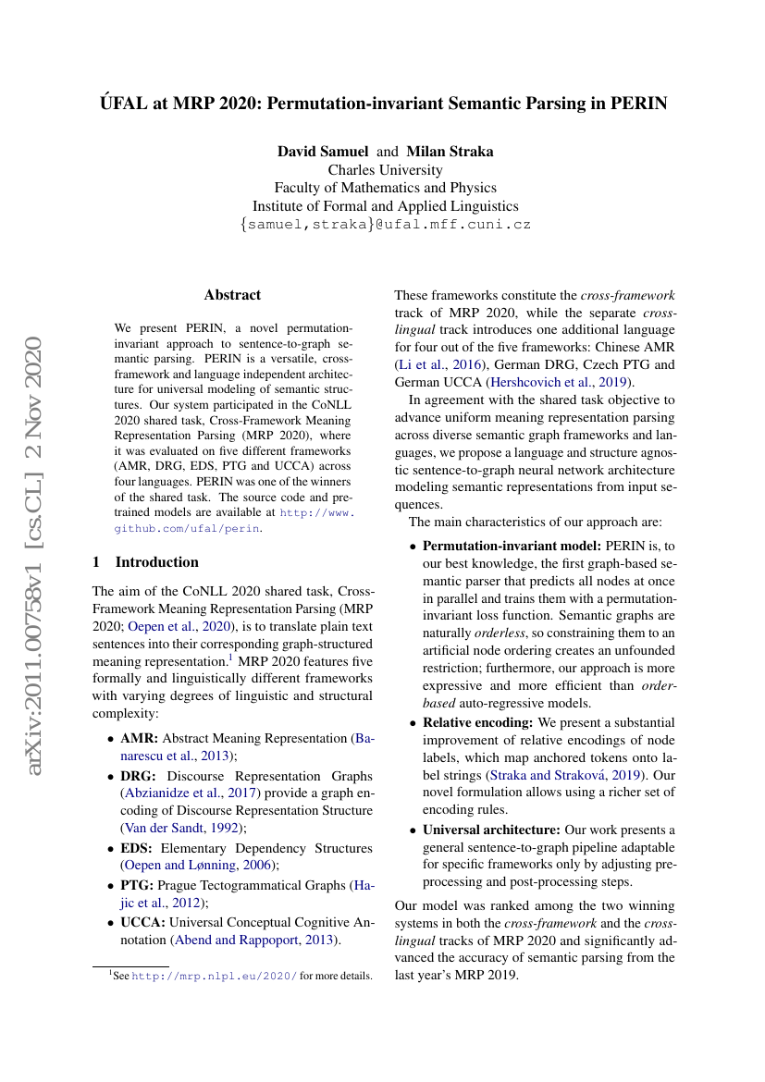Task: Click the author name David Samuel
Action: click(x=323, y=151)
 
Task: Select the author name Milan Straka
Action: click(x=450, y=151)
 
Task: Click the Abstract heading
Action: click(x=232, y=295)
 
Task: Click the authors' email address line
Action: click(x=385, y=225)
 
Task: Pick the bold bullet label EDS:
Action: click(x=139, y=848)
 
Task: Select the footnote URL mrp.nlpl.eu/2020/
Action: click(x=215, y=976)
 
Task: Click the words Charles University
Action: click(x=385, y=169)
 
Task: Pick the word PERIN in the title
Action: click(x=638, y=103)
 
